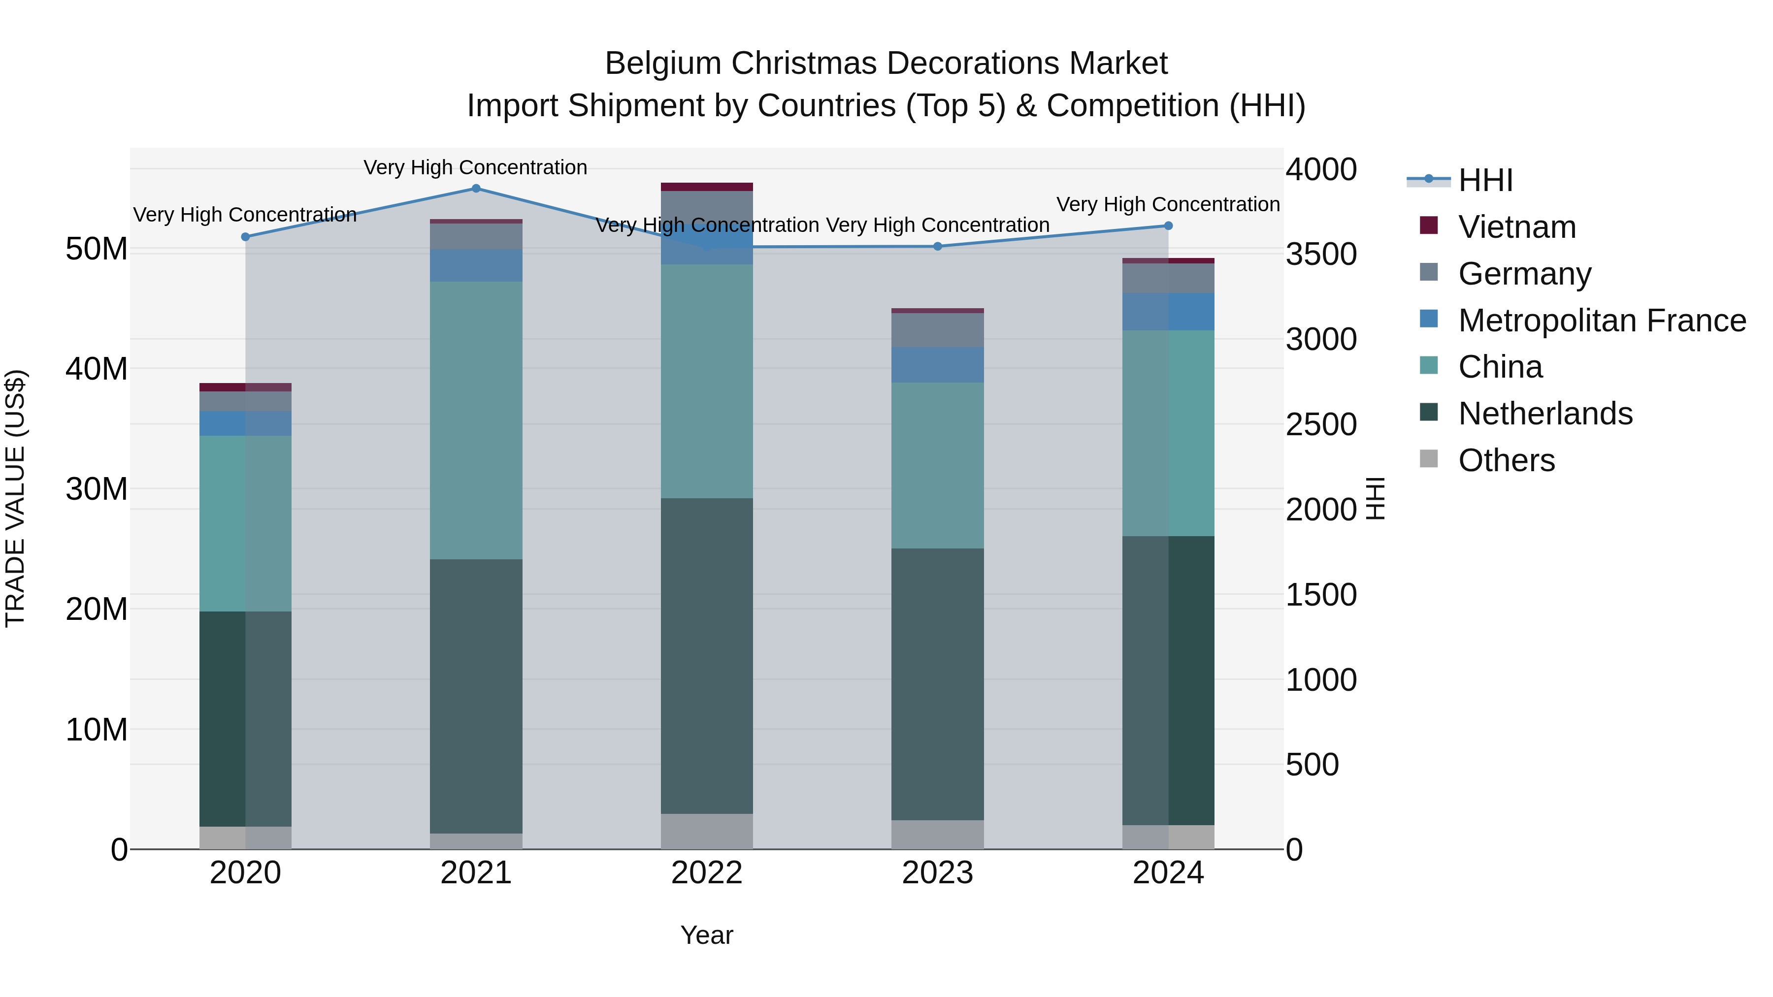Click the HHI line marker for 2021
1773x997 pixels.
[x=476, y=189]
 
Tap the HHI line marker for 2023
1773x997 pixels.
[x=937, y=246]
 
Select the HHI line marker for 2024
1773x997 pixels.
[x=1168, y=225]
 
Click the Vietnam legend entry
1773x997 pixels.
[x=1516, y=227]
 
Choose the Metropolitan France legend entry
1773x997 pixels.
[x=1601, y=321]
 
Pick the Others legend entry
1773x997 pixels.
[x=1506, y=460]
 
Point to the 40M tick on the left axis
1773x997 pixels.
[x=97, y=369]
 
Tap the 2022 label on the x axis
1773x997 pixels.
[x=706, y=873]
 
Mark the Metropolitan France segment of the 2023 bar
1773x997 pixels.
[x=937, y=365]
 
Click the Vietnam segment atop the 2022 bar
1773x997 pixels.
[x=706, y=187]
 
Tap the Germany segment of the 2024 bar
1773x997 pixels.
[x=1168, y=278]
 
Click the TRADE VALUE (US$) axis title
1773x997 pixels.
[x=15, y=498]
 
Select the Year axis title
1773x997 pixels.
[x=706, y=935]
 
